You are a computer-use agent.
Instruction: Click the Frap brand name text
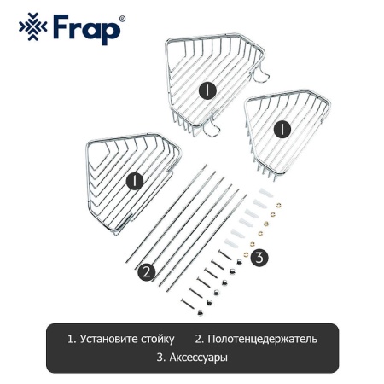pyautogui.click(x=87, y=30)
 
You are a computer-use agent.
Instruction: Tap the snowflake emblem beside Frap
pyautogui.click(x=33, y=26)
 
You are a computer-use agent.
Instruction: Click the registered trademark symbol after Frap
pyautogui.click(x=122, y=19)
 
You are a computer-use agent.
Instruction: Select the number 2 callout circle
pyautogui.click(x=147, y=272)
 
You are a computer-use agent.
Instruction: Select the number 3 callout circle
pyautogui.click(x=259, y=258)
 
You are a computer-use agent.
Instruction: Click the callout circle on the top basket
pyautogui.click(x=207, y=90)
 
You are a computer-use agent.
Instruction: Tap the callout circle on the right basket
pyautogui.click(x=282, y=130)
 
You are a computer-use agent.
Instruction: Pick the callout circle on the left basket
pyautogui.click(x=135, y=181)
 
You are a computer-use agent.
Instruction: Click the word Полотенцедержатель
pyautogui.click(x=262, y=339)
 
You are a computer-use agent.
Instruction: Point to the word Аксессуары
pyautogui.click(x=198, y=358)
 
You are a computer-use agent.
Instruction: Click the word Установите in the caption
pyautogui.click(x=109, y=339)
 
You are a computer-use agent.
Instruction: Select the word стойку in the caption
pyautogui.click(x=158, y=339)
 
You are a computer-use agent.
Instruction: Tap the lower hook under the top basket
pyautogui.click(x=212, y=129)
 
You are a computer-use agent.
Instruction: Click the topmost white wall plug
pyautogui.click(x=266, y=193)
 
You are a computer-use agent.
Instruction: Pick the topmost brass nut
pyautogui.click(x=278, y=205)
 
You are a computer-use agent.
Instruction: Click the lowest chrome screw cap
pyautogui.click(x=201, y=312)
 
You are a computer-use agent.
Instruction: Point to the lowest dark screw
pyautogui.click(x=187, y=303)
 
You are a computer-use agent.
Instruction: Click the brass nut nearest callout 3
pyautogui.click(x=246, y=254)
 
